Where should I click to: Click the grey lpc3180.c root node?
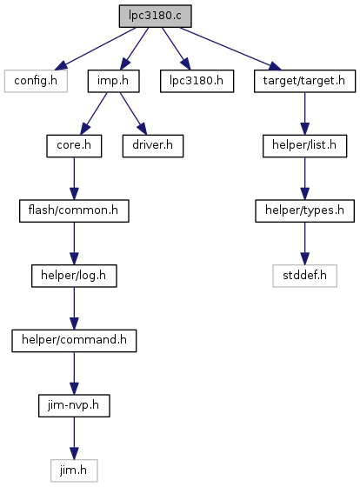click(x=155, y=16)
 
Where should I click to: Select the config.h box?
click(x=36, y=81)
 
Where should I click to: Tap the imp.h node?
click(x=113, y=81)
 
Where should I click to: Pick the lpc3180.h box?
click(x=197, y=81)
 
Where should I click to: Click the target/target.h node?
click(x=304, y=81)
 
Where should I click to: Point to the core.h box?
click(x=74, y=146)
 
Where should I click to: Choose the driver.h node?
click(x=153, y=146)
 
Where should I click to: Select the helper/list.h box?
click(x=304, y=146)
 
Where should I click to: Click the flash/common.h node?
click(x=74, y=210)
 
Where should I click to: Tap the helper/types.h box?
click(x=304, y=210)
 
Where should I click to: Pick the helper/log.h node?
click(x=74, y=276)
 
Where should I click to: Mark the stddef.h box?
click(x=304, y=276)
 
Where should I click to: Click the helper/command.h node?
click(x=74, y=341)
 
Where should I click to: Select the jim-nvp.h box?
click(x=74, y=405)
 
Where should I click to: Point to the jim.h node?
click(x=74, y=470)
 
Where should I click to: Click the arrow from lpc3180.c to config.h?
click(x=96, y=49)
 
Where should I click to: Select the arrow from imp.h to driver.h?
click(x=133, y=113)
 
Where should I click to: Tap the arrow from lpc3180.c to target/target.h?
click(x=230, y=49)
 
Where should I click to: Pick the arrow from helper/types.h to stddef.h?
click(x=304, y=243)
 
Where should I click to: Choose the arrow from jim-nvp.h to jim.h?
click(x=74, y=438)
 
